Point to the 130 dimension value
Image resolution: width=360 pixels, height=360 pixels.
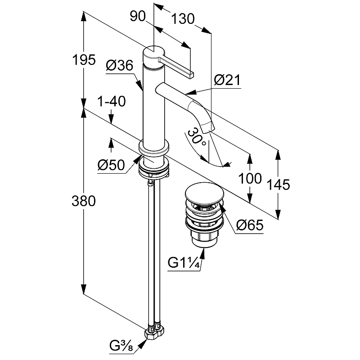(x=183, y=19)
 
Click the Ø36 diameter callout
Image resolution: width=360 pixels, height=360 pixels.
(x=119, y=67)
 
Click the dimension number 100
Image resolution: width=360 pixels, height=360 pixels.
(x=250, y=179)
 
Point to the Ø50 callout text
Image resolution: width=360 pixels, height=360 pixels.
(x=111, y=166)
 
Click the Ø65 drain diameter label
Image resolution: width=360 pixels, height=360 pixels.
(x=249, y=225)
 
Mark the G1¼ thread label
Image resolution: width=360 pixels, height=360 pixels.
(x=184, y=263)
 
